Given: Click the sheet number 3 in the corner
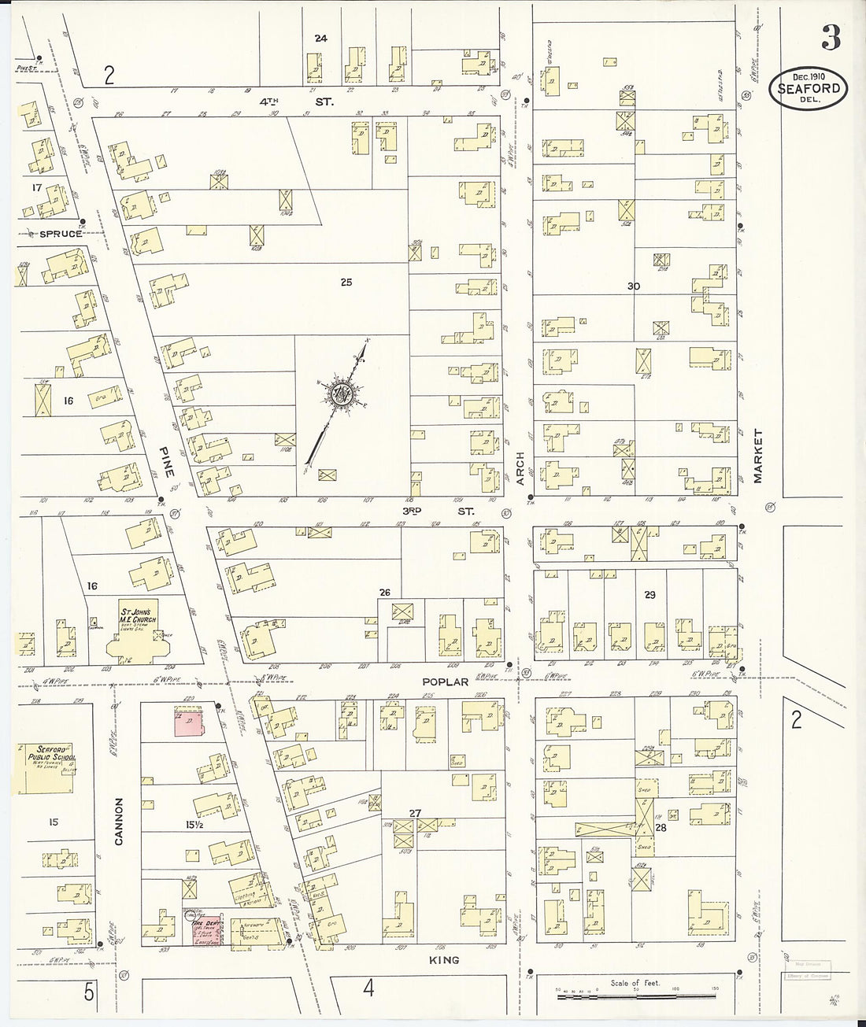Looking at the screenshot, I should pyautogui.click(x=831, y=37).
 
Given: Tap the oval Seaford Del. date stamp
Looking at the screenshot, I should pyautogui.click(x=808, y=88).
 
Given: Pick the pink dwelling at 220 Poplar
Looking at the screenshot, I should pyautogui.click(x=187, y=720).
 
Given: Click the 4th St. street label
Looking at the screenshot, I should pyautogui.click(x=298, y=102).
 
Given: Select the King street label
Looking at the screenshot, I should pyautogui.click(x=446, y=960).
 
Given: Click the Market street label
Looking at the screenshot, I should pyautogui.click(x=759, y=456).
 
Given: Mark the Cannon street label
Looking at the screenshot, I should pyautogui.click(x=120, y=822).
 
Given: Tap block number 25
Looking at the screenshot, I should pyautogui.click(x=346, y=283).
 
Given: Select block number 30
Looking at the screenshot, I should pyautogui.click(x=633, y=286).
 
